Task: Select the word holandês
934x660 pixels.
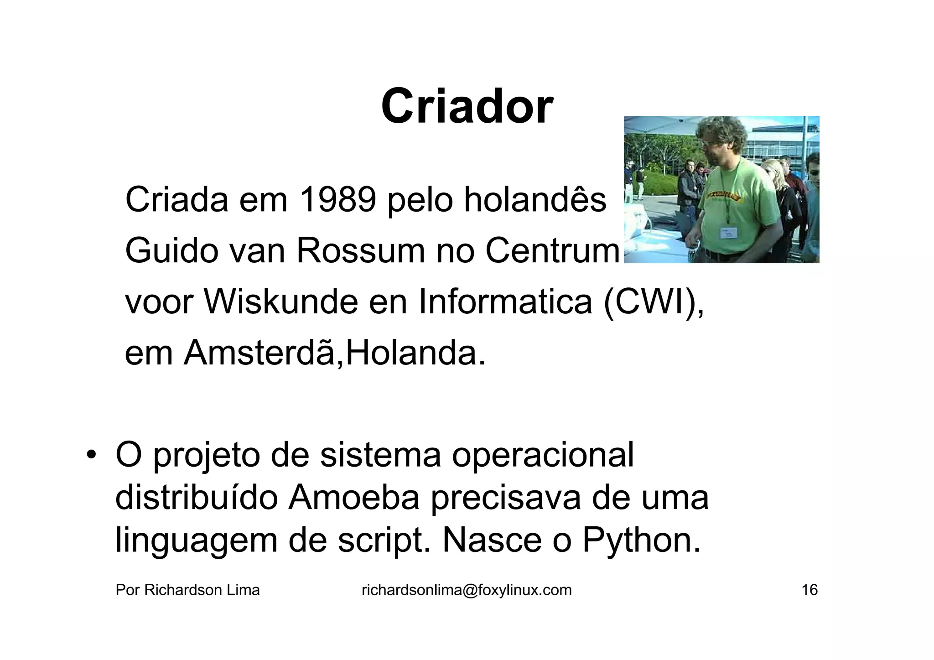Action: coord(535,200)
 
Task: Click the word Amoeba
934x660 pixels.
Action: coord(353,498)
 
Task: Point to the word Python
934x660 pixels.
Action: coord(641,540)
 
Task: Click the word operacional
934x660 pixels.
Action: coord(543,455)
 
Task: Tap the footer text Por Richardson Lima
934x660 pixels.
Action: coord(187,590)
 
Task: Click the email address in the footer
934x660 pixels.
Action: coord(467,590)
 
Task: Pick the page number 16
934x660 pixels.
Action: coord(809,590)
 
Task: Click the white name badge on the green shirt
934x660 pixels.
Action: coord(728,233)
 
